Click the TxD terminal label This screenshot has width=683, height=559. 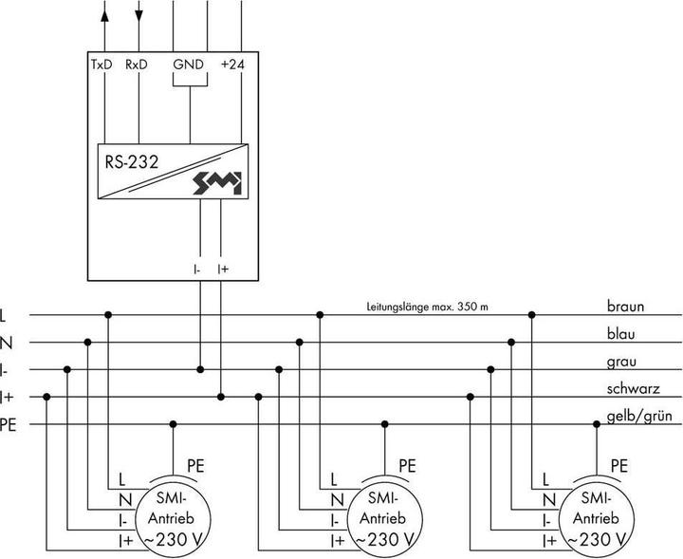(102, 66)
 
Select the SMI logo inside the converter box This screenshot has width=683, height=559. (219, 182)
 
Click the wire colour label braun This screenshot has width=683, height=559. (627, 307)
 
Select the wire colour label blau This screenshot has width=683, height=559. (622, 335)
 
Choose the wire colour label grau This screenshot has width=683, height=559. (622, 362)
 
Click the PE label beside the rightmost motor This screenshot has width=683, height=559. (619, 465)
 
